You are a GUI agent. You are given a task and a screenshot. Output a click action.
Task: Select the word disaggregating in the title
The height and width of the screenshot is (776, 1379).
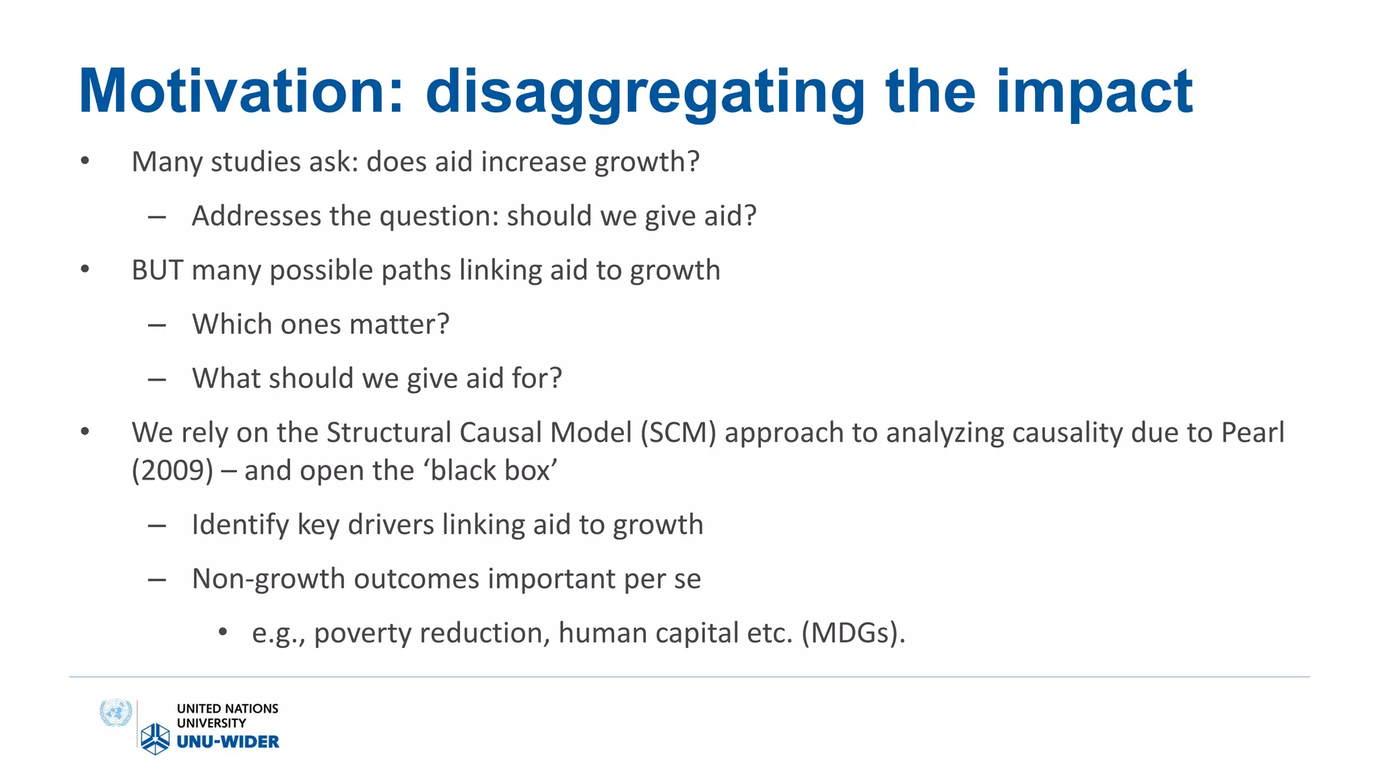tap(645, 92)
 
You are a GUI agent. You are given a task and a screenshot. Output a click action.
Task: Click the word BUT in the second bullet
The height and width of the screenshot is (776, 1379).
tap(157, 270)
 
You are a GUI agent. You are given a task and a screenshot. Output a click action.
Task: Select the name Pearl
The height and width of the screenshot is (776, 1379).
tap(1252, 432)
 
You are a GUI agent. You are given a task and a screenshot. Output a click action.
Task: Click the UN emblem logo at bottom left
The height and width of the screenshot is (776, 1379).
tap(115, 713)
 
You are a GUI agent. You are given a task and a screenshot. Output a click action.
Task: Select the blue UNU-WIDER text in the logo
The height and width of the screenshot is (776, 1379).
tap(228, 742)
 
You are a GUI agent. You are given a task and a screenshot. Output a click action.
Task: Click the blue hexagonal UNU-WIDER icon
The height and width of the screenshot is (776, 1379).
tap(155, 738)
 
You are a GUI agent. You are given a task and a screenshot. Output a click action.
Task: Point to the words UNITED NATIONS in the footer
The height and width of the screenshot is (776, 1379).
tap(227, 709)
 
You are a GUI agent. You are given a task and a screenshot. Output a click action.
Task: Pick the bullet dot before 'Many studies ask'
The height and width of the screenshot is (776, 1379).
tap(85, 160)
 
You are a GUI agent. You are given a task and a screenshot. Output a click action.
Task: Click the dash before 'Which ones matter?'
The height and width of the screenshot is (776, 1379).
tap(157, 325)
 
